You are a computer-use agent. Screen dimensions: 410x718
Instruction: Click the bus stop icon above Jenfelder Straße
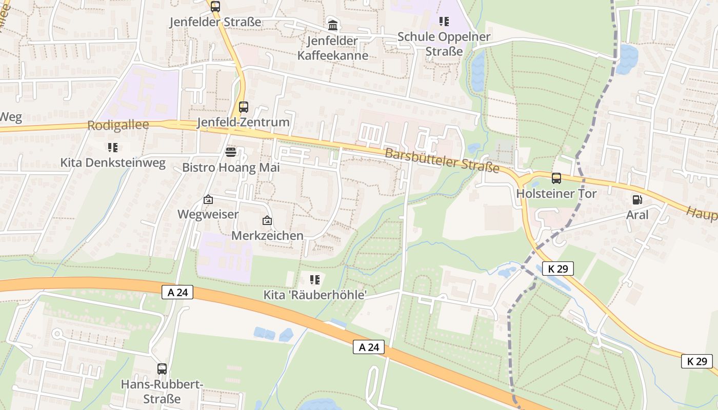click(x=215, y=7)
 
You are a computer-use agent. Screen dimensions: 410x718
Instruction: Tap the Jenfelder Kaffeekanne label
click(x=333, y=48)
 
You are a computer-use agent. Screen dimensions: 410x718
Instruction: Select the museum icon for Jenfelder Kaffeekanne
click(x=333, y=25)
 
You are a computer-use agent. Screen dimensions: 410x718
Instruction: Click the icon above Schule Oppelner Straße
click(x=444, y=21)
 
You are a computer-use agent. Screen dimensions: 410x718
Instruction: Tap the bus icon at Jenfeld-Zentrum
click(x=244, y=107)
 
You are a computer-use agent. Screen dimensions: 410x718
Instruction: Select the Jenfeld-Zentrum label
click(x=244, y=122)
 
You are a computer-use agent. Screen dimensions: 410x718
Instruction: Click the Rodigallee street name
click(x=118, y=125)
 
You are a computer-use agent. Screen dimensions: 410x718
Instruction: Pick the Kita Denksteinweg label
click(x=113, y=163)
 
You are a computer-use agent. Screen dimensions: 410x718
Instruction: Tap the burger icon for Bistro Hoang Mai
click(x=230, y=152)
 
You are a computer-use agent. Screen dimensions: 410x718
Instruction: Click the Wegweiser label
click(x=208, y=214)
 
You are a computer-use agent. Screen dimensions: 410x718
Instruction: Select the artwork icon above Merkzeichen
click(x=267, y=221)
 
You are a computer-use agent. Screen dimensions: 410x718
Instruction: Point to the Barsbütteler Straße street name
click(x=442, y=160)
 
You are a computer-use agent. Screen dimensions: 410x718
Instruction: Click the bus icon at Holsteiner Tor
click(x=556, y=178)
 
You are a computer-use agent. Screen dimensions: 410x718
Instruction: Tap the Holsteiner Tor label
click(x=556, y=194)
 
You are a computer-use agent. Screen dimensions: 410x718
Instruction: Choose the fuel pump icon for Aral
click(x=637, y=200)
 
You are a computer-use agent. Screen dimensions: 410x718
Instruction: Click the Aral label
click(x=637, y=215)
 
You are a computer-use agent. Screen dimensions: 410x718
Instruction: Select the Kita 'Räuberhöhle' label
click(x=315, y=295)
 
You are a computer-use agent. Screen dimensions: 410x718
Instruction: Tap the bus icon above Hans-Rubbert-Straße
click(x=162, y=368)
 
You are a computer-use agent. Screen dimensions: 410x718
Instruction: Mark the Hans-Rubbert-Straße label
click(x=162, y=391)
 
